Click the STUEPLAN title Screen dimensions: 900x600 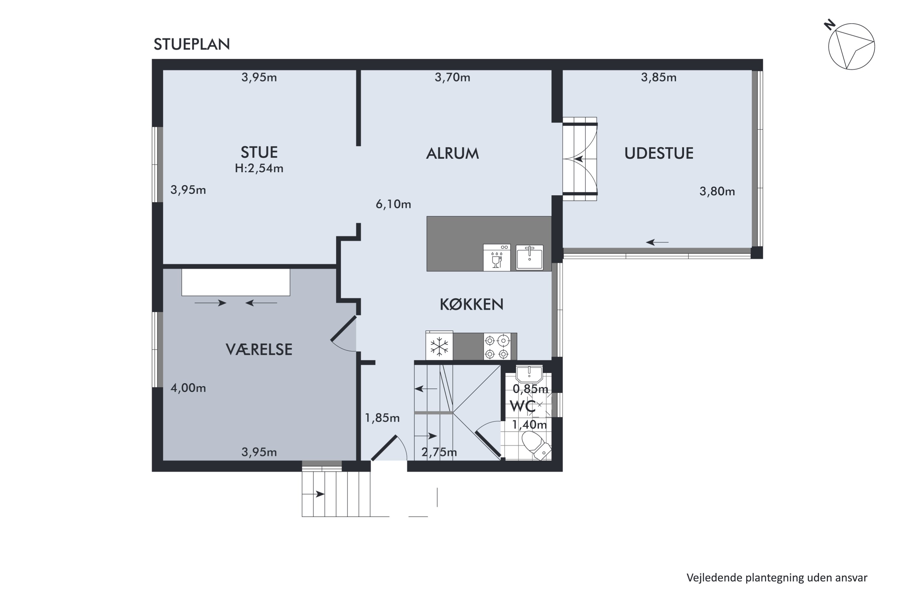click(192, 44)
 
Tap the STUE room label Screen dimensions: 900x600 click(259, 152)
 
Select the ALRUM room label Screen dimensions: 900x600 click(452, 153)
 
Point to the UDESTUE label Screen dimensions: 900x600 click(659, 153)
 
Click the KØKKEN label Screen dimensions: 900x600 click(471, 304)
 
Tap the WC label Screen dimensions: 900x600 click(523, 406)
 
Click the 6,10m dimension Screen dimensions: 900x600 click(393, 204)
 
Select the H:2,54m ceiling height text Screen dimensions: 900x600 click(259, 168)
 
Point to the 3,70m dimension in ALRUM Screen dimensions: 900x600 click(452, 78)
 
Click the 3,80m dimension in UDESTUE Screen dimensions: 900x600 click(717, 191)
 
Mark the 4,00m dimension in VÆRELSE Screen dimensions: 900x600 click(188, 388)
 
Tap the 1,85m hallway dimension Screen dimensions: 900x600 click(382, 418)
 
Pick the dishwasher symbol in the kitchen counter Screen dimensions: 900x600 click(497, 257)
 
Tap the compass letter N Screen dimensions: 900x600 click(829, 25)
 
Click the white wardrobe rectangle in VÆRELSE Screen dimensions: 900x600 click(236, 282)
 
